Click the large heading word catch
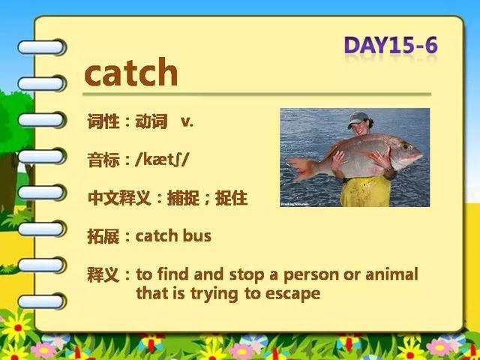(131, 72)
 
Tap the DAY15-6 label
(391, 45)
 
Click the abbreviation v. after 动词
(187, 121)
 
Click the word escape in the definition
(292, 294)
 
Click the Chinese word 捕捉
(183, 198)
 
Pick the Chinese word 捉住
(232, 198)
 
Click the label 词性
(103, 121)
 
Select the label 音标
(103, 160)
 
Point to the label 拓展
(103, 235)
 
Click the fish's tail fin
(301, 168)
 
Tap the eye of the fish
(406, 146)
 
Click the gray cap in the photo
(357, 119)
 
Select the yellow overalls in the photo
(366, 191)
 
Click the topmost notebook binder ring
(42, 47)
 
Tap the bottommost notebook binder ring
(42, 301)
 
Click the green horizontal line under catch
(256, 94)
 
